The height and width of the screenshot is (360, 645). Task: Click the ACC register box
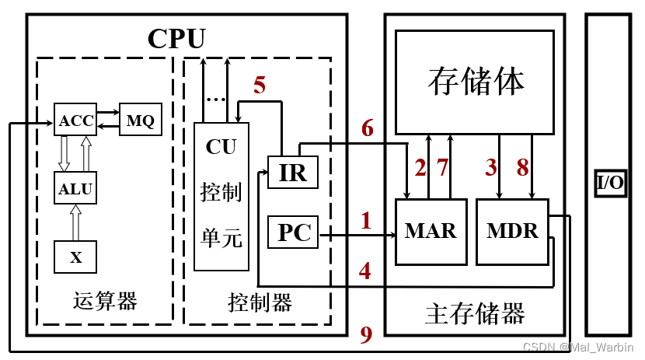75,121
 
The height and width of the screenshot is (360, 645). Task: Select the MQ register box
141,121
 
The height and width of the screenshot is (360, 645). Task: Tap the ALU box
75,187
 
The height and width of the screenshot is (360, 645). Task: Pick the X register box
75,257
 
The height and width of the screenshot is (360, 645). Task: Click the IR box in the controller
293,173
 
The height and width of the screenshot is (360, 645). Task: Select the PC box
294,232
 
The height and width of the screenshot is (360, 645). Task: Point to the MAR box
431,231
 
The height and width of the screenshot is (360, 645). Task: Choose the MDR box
511,231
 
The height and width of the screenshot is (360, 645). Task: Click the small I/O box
611,183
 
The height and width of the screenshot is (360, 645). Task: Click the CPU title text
176,38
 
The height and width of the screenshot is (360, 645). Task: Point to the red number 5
259,86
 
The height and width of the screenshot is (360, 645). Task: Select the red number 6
367,128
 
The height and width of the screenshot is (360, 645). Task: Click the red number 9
366,334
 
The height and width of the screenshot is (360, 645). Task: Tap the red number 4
364,271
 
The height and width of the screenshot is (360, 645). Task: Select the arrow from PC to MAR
357,233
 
